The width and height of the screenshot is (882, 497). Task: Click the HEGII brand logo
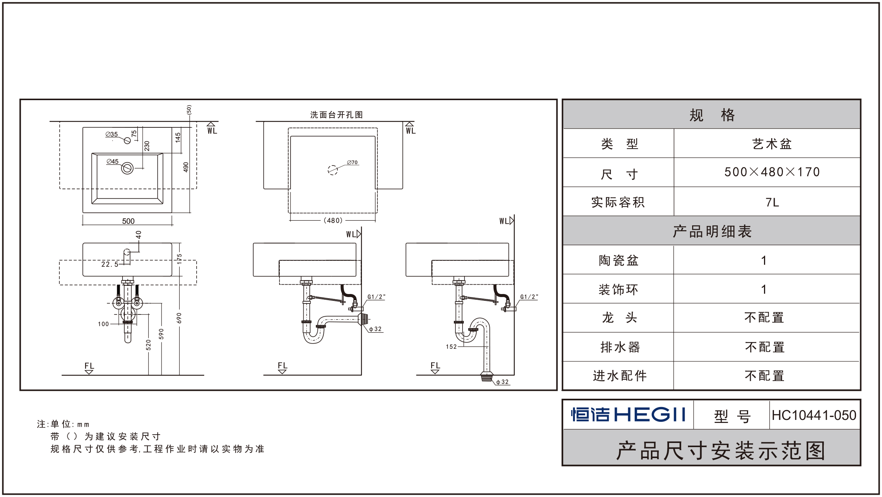628,415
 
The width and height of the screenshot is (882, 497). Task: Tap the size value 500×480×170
772,172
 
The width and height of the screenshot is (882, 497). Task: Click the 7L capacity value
772,203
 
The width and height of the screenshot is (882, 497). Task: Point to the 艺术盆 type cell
772,144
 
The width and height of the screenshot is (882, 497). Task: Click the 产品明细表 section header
712,231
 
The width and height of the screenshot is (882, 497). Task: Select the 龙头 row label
619,318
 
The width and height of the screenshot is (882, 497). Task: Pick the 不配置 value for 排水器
765,347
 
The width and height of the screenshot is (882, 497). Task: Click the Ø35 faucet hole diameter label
112,134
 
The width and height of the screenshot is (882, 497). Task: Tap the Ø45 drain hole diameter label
113,161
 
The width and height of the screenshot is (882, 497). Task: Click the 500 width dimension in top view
128,221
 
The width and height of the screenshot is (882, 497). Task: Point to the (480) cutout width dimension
333,220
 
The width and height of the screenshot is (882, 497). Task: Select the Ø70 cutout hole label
352,163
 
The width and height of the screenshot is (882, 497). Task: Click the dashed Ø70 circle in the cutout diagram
332,170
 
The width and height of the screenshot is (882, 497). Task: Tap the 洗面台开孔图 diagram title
336,115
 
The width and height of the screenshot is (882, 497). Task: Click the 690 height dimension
179,318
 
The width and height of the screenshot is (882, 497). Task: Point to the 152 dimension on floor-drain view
451,347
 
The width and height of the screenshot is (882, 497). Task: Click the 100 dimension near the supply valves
103,324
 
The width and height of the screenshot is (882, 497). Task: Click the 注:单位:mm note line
63,424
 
